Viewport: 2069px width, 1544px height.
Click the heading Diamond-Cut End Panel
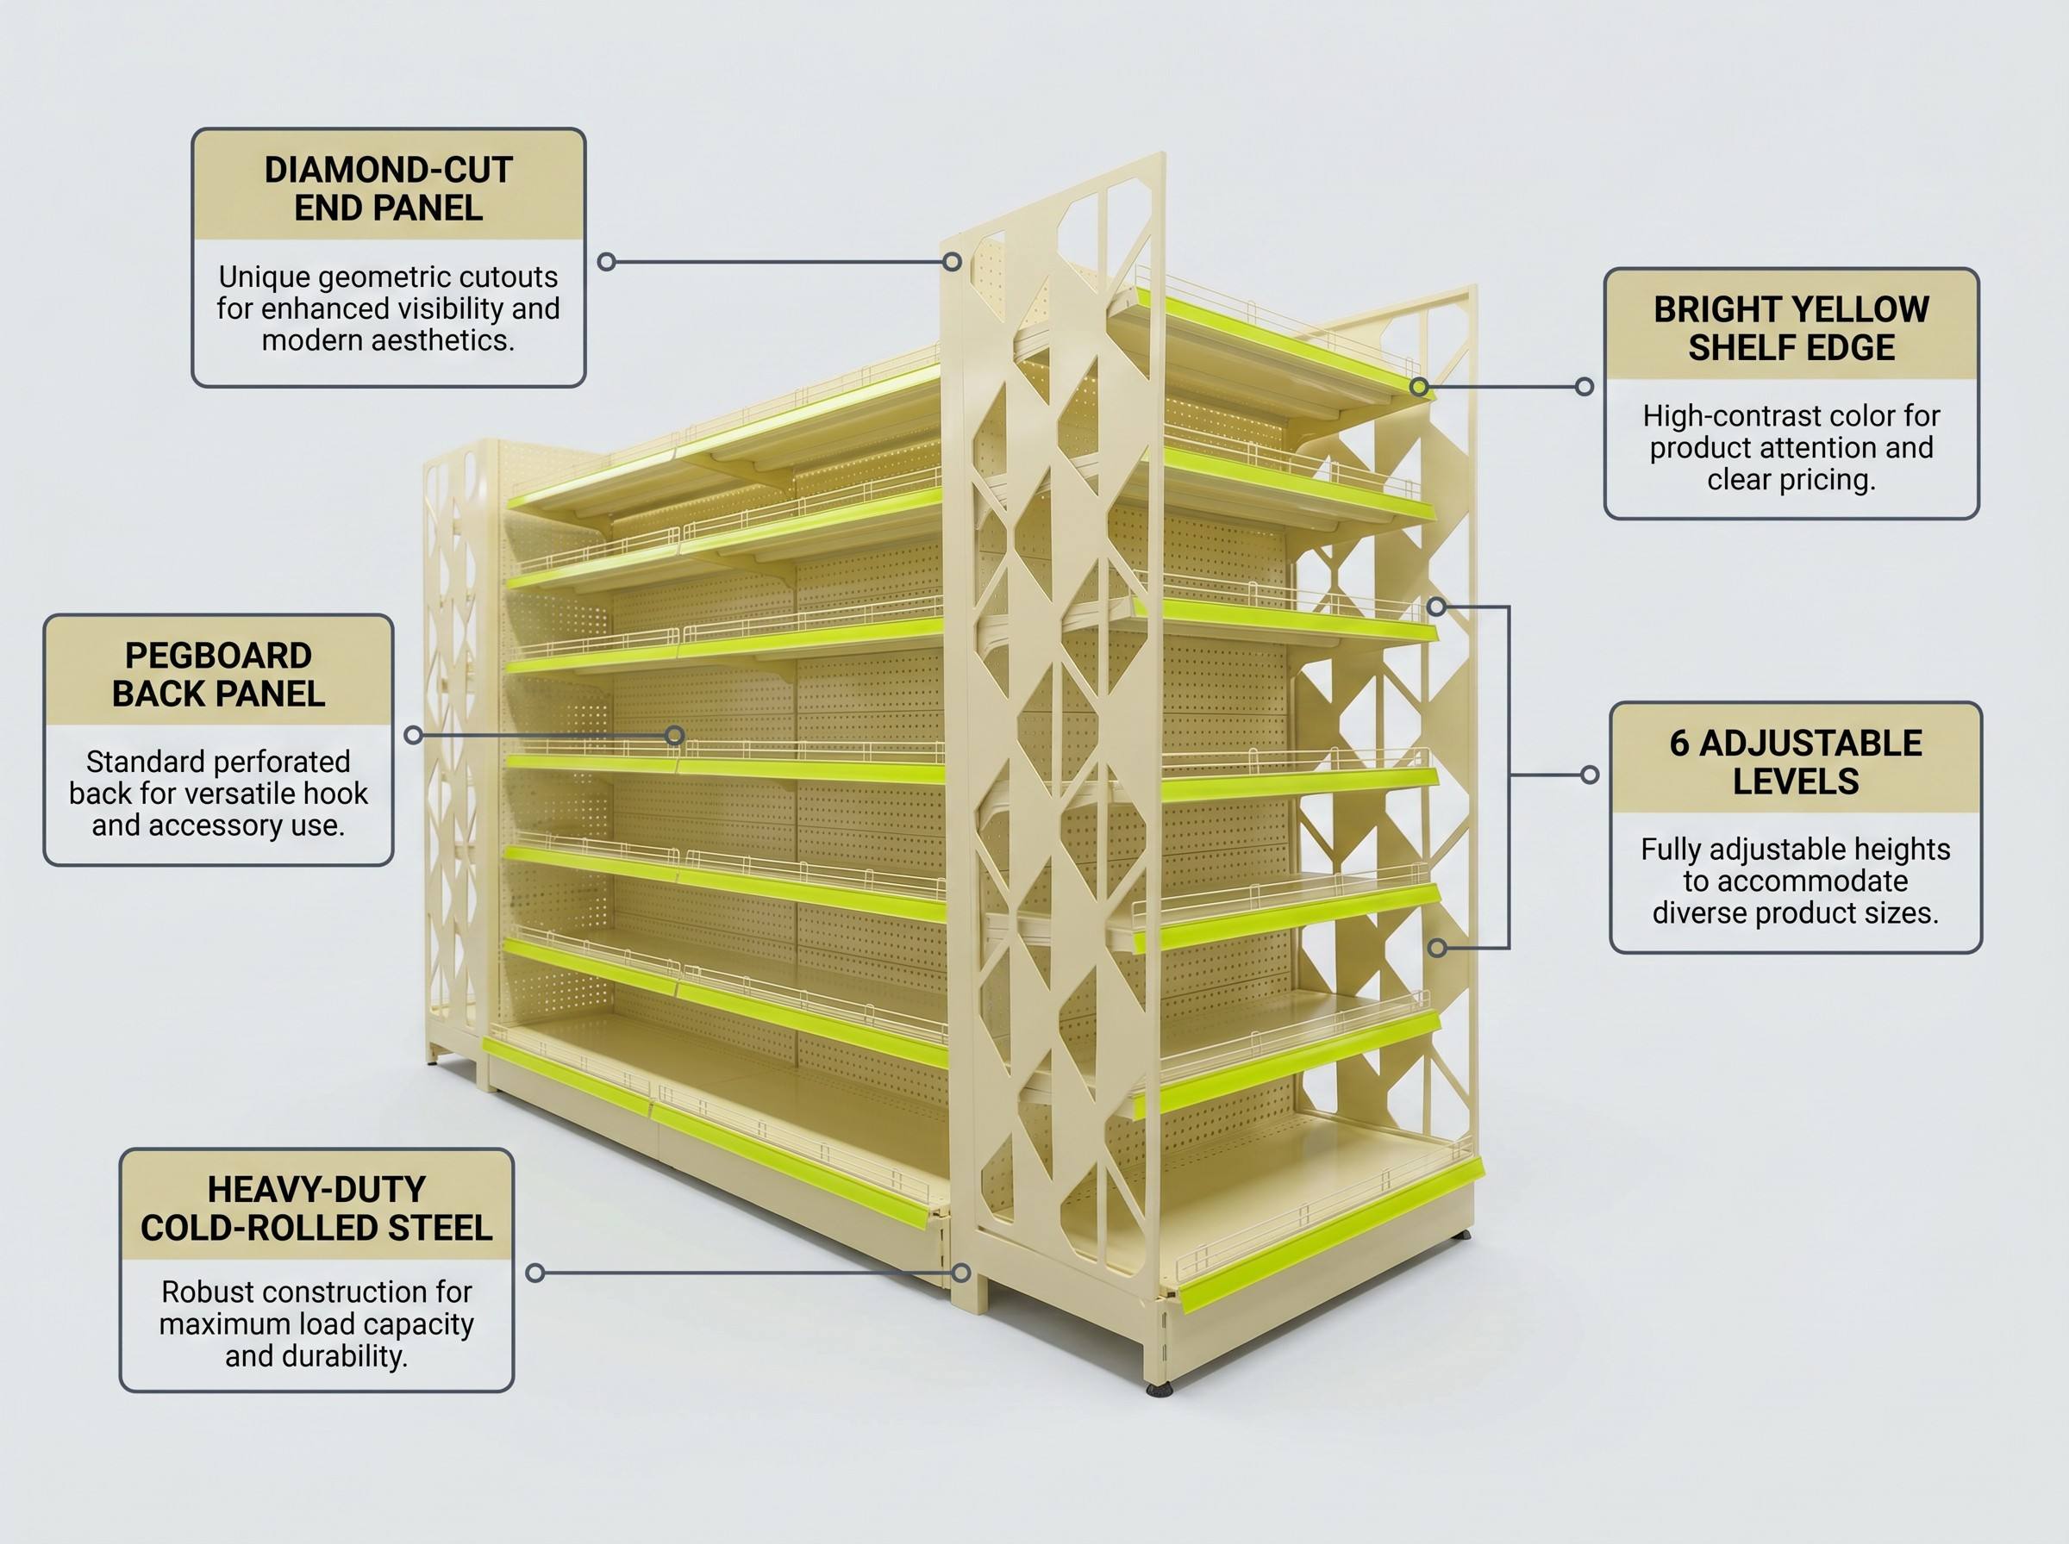click(x=388, y=189)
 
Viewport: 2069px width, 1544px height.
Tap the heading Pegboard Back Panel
click(x=219, y=674)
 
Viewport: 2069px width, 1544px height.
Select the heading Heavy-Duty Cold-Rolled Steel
click(x=316, y=1209)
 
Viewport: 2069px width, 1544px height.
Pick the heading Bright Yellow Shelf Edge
click(x=1791, y=328)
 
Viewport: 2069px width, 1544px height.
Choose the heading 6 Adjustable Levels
click(x=1795, y=762)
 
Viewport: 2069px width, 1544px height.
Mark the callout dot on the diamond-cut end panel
click(x=952, y=262)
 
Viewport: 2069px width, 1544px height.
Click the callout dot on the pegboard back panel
click(x=674, y=736)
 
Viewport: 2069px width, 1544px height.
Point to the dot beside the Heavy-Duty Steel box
click(x=534, y=1273)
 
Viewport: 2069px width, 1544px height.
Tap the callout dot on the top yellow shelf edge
click(x=1418, y=386)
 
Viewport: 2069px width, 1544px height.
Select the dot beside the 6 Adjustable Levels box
click(x=1590, y=775)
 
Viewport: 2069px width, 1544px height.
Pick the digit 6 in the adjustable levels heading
click(x=1680, y=744)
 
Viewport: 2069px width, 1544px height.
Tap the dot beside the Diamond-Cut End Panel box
click(x=606, y=262)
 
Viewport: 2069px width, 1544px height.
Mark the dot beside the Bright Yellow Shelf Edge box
click(x=1584, y=386)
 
